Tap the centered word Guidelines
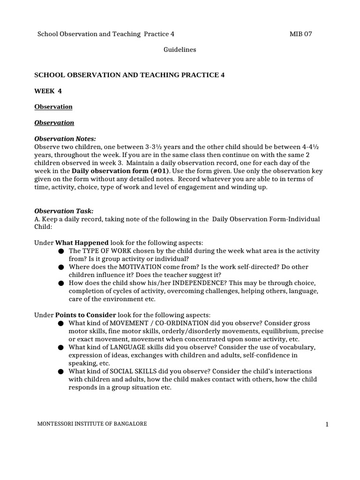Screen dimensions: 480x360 (180, 49)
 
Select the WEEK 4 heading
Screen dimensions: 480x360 (48, 90)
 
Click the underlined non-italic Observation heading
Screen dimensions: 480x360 (53, 106)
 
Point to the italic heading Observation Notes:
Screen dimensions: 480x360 (65, 139)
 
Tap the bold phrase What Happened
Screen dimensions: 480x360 (82, 243)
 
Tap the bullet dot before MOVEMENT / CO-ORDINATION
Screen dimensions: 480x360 (61, 323)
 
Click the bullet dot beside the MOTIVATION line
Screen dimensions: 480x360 (61, 267)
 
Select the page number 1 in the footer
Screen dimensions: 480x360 (327, 425)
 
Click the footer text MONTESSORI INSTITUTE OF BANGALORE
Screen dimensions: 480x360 (92, 424)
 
